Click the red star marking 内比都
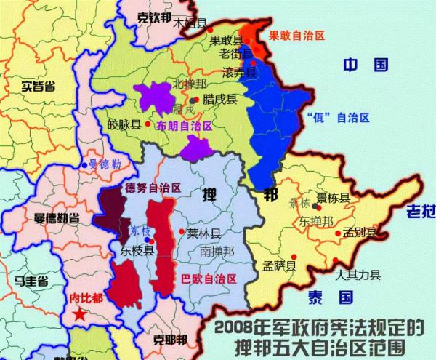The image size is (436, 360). pos(78,314)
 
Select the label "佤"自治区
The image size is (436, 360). pos(339,116)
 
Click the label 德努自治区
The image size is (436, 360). pos(153,187)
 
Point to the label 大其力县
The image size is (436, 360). pos(359,276)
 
